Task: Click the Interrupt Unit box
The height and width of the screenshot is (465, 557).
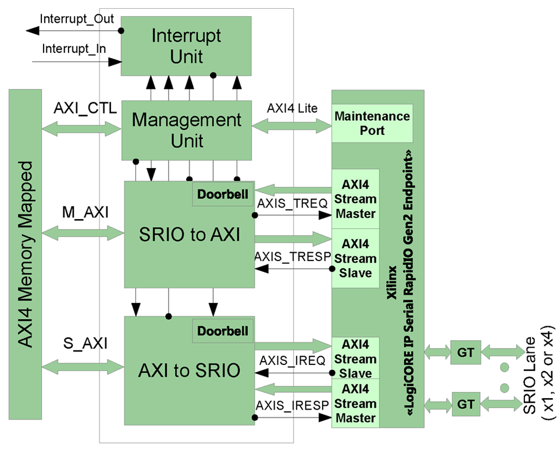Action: [186, 46]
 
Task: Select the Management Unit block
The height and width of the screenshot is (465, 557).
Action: [186, 130]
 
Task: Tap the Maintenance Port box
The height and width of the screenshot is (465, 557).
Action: [372, 123]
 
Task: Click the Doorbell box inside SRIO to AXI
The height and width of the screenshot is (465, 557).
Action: [223, 194]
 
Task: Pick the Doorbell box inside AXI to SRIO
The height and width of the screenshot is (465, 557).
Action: [223, 331]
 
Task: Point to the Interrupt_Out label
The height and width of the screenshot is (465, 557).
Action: [77, 18]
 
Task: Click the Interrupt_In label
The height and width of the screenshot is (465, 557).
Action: [74, 48]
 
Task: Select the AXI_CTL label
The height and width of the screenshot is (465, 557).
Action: [85, 109]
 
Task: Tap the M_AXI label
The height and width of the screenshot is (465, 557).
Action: [85, 213]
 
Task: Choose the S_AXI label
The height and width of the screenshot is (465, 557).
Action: [85, 344]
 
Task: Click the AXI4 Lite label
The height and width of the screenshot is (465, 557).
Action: [292, 109]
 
